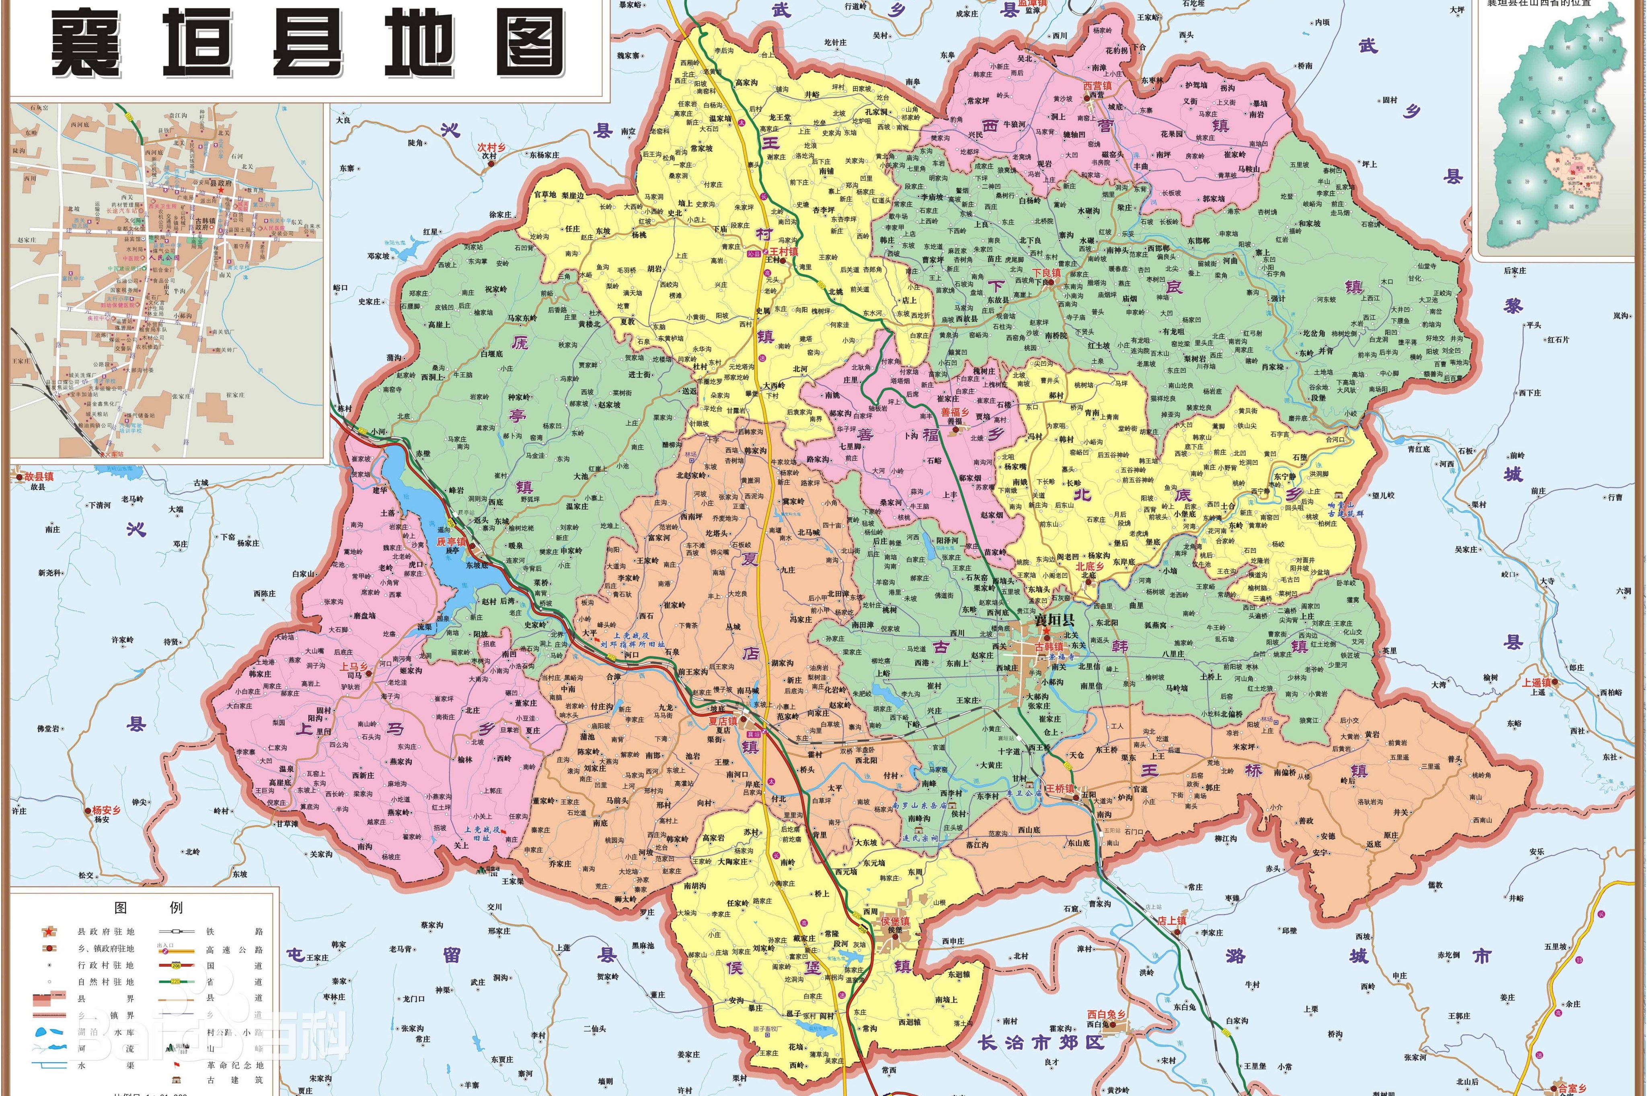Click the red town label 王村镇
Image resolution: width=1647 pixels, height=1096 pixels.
(783, 252)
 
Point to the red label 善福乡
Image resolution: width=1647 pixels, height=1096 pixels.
(955, 413)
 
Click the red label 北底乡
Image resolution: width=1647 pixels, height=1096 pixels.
(1090, 567)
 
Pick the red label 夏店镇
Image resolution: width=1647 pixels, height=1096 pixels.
(723, 721)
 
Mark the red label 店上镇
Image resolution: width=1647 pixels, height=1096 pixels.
(1172, 920)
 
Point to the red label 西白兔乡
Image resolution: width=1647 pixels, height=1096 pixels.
(1107, 1014)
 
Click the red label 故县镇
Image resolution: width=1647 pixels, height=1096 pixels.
(39, 477)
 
